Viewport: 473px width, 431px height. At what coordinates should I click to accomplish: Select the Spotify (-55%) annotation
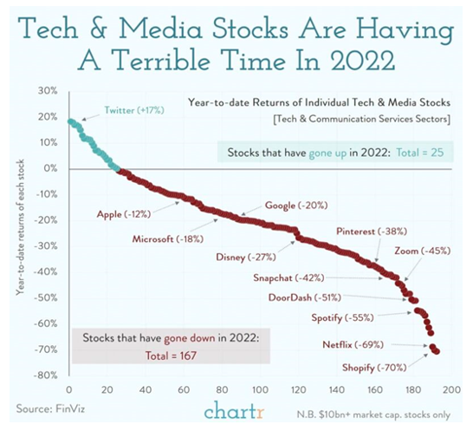tap(344, 317)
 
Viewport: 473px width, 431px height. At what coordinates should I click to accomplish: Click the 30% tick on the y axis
tap(46, 90)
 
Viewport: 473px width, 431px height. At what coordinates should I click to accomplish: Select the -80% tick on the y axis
tap(43, 375)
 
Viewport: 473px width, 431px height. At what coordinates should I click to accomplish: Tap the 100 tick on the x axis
tap(260, 389)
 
